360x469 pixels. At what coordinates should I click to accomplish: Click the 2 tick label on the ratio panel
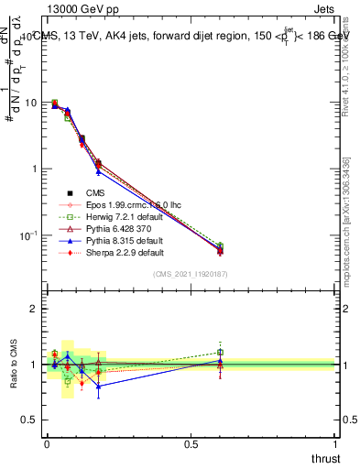34,309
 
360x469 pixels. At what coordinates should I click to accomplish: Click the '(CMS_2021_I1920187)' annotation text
191,275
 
